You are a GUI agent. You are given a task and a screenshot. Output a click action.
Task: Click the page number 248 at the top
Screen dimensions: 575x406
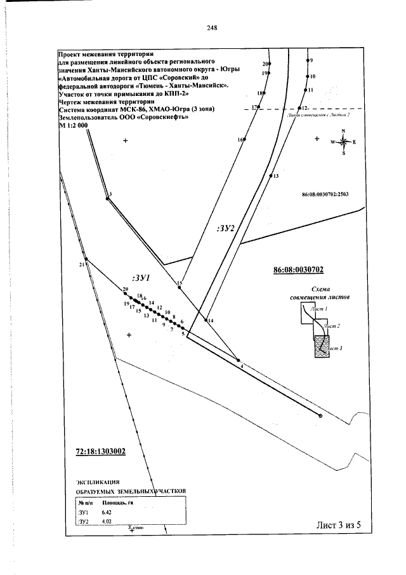coord(212,28)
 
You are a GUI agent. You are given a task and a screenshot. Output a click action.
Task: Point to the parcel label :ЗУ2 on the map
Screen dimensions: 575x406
coord(225,229)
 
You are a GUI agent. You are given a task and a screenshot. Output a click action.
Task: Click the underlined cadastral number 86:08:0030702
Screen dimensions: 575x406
coord(298,269)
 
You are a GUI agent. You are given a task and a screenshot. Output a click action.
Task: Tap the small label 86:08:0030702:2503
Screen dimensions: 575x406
coord(325,194)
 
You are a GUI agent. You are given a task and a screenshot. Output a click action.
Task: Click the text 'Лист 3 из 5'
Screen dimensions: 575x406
coord(341,525)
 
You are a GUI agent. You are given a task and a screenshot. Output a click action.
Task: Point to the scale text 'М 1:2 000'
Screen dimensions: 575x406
coord(72,126)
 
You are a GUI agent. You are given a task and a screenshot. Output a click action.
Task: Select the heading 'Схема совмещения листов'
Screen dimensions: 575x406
coord(319,292)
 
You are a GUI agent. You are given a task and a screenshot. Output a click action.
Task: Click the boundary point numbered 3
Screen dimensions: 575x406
coord(107,198)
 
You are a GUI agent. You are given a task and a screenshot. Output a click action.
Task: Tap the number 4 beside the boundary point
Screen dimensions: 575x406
coord(242,366)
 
